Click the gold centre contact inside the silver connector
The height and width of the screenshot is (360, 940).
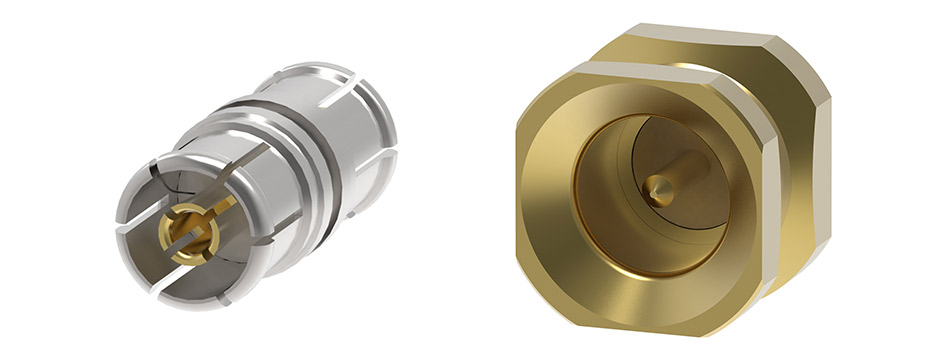[189, 233]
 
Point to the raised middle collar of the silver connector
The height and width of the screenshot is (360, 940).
[300, 150]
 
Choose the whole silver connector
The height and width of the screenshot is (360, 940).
[255, 180]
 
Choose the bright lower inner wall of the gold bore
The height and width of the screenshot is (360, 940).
[640, 255]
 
